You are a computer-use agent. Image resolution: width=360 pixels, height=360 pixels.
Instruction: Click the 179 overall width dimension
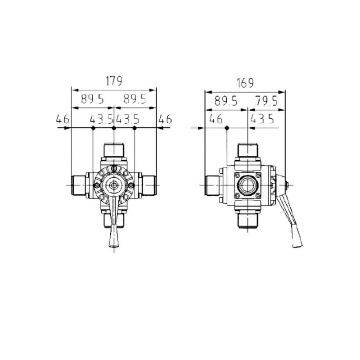coord(114,81)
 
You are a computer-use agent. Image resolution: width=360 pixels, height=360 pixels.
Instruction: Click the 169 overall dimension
coord(245,83)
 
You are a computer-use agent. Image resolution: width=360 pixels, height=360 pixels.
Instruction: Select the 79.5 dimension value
coord(266,101)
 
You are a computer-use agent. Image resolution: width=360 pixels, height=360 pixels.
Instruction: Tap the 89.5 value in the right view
coord(226,101)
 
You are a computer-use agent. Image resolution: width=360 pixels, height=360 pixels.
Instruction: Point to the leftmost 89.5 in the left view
coord(92,99)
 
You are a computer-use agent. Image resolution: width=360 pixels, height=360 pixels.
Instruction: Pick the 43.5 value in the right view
coord(262,119)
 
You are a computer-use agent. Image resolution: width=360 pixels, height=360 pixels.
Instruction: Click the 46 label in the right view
coord(216,119)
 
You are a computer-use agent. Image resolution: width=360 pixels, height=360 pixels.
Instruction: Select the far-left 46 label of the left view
coord(63,119)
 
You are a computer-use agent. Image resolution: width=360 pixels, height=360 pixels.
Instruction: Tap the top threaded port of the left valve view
coord(114,150)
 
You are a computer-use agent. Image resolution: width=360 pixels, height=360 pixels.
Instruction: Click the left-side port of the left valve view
coord(78,185)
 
